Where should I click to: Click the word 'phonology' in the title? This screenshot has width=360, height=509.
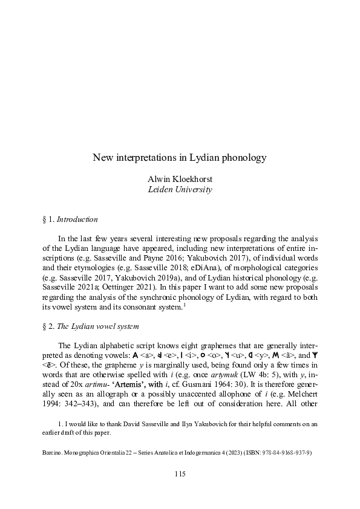point(242,158)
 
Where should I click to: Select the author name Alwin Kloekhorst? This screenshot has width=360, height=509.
point(180,179)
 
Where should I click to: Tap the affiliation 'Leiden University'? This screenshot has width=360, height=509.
point(180,189)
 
